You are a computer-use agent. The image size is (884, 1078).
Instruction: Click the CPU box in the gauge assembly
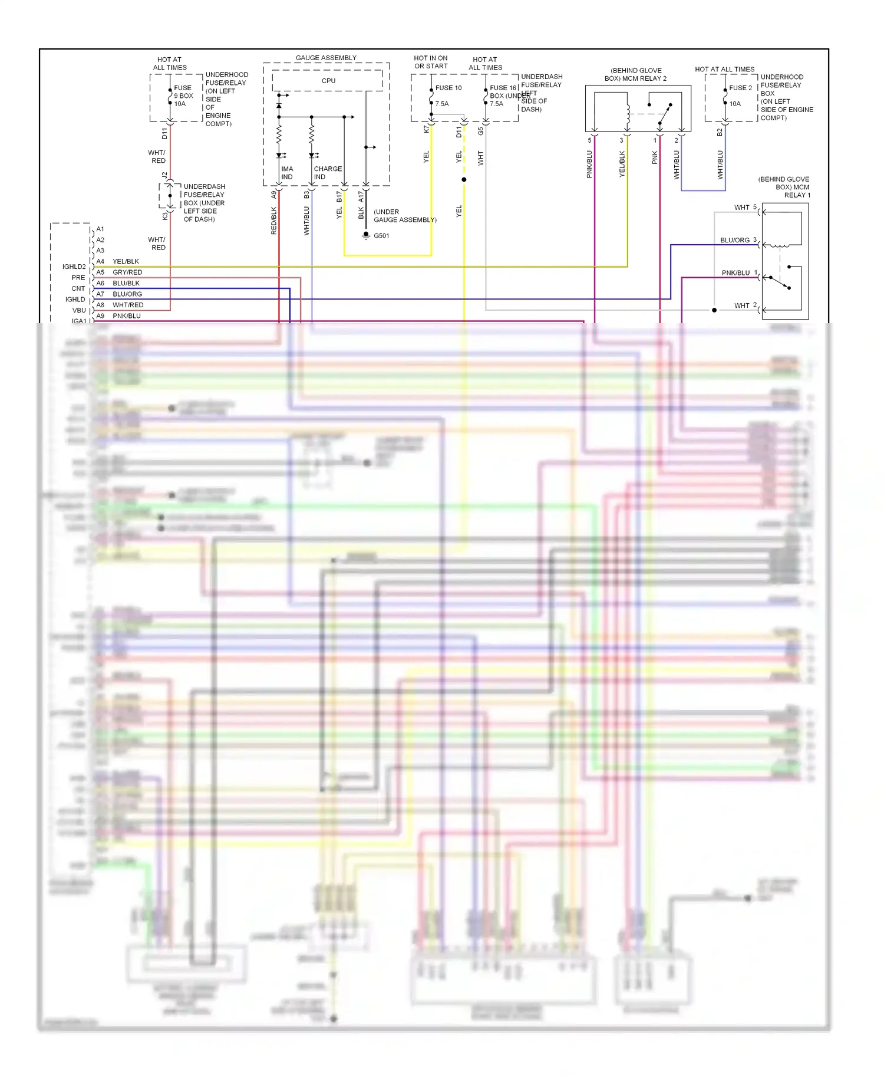328,81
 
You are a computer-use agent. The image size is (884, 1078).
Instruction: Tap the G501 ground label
381,236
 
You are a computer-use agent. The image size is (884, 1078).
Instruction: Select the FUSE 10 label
448,88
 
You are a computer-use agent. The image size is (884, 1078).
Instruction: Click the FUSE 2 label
740,88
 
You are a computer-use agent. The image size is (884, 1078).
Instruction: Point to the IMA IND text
287,173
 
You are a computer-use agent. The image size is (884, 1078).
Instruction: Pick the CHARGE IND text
327,173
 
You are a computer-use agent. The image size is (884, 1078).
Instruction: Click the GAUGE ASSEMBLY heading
326,58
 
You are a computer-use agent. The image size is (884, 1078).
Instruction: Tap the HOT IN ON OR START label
430,62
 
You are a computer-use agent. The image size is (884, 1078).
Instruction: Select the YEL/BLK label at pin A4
126,261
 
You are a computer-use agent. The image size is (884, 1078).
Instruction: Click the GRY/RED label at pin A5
127,272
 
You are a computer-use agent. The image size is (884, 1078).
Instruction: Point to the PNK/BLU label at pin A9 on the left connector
126,316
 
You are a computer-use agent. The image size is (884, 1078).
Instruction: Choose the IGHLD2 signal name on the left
74,267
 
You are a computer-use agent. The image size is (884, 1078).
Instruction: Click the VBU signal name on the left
79,310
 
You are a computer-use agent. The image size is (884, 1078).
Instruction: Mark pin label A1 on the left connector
100,229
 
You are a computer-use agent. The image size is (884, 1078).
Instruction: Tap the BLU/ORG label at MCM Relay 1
734,240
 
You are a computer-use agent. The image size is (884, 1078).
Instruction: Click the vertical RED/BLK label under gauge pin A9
273,221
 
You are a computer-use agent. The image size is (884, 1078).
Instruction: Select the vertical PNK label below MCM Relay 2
655,157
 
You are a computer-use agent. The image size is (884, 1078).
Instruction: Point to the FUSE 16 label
503,88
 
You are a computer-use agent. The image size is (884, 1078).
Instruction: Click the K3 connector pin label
165,216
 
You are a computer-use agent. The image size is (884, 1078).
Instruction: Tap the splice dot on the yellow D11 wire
464,179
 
